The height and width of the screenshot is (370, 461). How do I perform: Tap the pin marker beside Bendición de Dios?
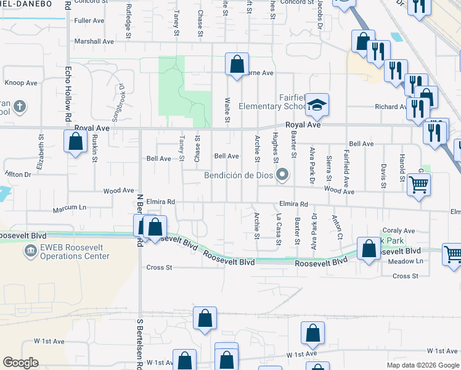[283, 175]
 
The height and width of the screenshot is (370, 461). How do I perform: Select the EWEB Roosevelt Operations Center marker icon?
[30, 251]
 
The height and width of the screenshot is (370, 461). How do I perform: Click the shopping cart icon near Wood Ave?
[419, 184]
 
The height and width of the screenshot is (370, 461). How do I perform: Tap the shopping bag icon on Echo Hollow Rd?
[76, 142]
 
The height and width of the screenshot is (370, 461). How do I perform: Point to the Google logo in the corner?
[20, 363]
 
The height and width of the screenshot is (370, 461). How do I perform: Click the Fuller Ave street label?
[89, 20]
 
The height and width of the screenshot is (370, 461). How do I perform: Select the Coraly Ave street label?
[399, 231]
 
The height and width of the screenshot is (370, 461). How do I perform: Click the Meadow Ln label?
[407, 261]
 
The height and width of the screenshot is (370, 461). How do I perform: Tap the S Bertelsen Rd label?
[141, 343]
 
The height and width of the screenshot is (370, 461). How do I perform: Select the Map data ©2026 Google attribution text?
[422, 364]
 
